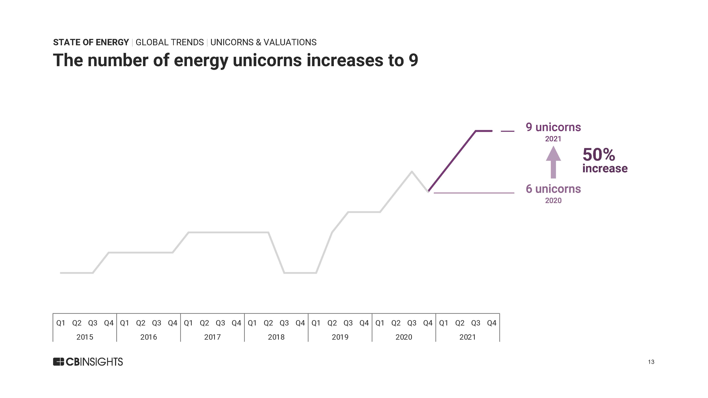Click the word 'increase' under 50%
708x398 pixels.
[x=605, y=168]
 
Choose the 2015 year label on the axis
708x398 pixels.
[x=85, y=337]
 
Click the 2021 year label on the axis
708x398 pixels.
[x=467, y=337]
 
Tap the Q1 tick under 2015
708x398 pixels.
[x=61, y=323]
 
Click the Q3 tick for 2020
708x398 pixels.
[x=412, y=323]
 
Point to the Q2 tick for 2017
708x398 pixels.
[x=204, y=323]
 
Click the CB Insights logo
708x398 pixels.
[x=88, y=362]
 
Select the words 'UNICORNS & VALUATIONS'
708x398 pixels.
[x=263, y=42]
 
